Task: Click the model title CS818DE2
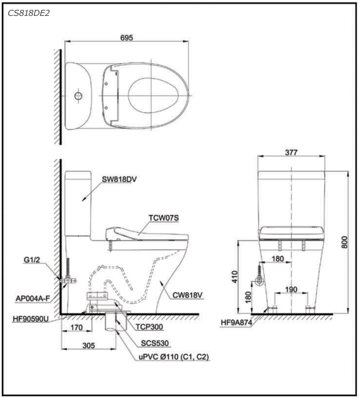tap(29, 13)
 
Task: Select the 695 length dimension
tap(127, 38)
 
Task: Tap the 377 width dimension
tap(291, 152)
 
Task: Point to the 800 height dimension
tap(344, 242)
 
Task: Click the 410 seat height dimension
tap(235, 277)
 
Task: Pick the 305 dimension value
tap(89, 345)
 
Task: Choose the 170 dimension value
tap(77, 328)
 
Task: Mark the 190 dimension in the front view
tap(291, 290)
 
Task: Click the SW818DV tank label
tap(119, 179)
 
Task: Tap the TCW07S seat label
tap(163, 218)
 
